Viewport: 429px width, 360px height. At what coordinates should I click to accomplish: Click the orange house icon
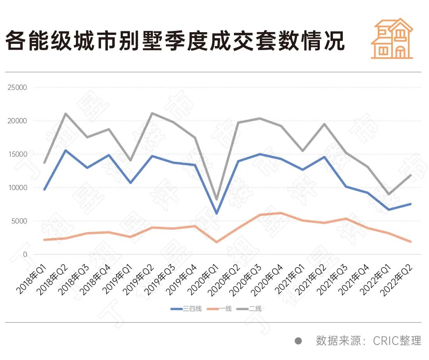[392, 39]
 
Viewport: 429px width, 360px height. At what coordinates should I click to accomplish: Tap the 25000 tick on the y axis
[17, 87]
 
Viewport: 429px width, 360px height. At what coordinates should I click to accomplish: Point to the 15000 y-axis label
[17, 154]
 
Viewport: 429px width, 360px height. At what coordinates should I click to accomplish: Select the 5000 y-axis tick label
[19, 221]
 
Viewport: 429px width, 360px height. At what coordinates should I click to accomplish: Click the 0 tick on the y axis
[25, 254]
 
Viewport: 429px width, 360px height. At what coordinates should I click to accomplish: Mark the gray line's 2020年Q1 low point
[216, 199]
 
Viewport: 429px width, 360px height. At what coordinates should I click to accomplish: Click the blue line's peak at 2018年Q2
[66, 151]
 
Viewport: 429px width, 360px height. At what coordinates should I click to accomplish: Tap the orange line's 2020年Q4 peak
[281, 213]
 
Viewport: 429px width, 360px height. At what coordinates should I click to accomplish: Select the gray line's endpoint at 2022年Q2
[410, 175]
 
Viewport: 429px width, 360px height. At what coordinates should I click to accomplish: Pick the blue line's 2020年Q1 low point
[216, 213]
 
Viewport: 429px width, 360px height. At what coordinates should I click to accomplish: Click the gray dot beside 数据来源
[298, 341]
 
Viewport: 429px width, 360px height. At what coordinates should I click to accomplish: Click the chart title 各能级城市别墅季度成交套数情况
[175, 41]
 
